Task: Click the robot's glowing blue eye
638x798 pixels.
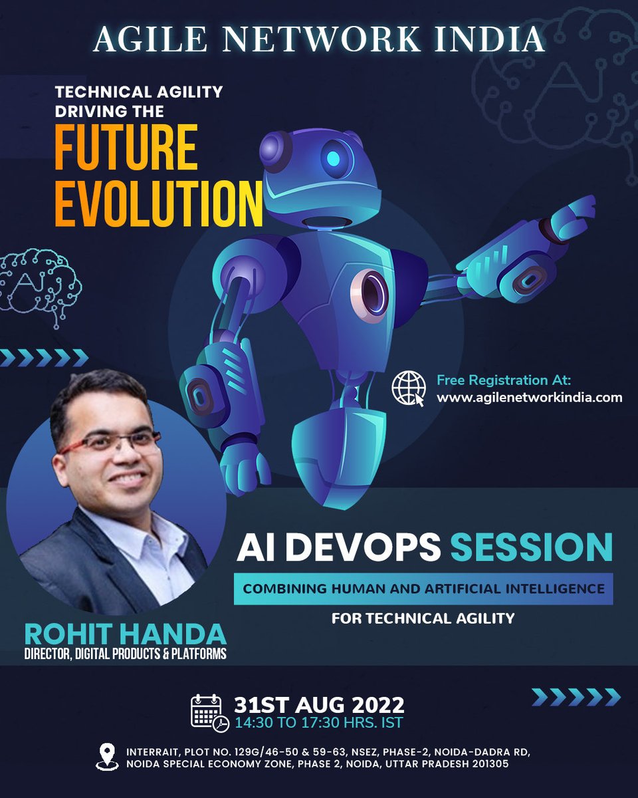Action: (x=334, y=158)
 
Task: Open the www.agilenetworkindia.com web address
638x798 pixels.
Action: (x=529, y=398)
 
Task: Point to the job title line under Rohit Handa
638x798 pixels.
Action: (x=125, y=654)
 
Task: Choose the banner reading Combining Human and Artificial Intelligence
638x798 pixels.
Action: (x=423, y=589)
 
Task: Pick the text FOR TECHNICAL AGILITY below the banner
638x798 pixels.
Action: (x=423, y=618)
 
